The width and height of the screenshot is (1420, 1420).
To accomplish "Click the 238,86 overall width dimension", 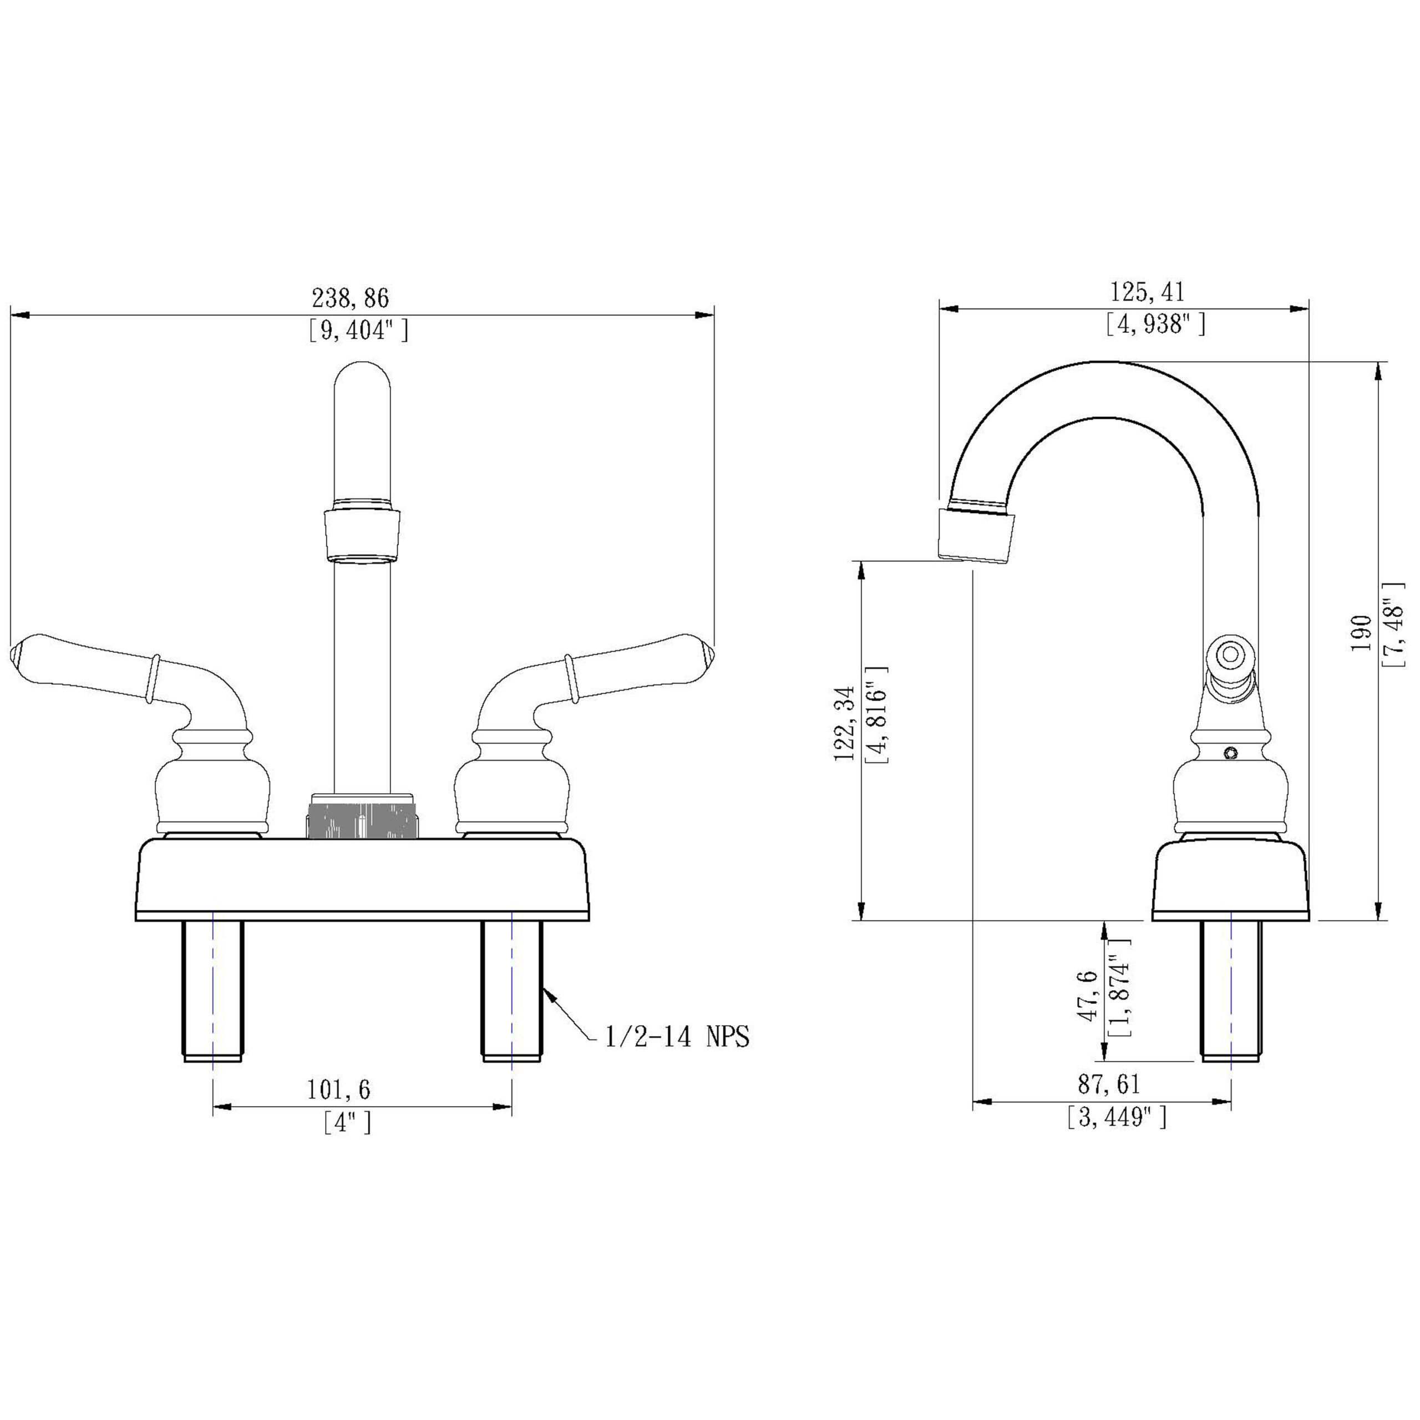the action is [350, 298].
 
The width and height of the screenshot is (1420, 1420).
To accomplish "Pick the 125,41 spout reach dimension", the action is [1147, 292].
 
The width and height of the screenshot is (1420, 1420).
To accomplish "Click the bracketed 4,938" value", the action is [1156, 324].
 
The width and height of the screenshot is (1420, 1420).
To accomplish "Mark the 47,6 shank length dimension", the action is [1089, 995].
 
